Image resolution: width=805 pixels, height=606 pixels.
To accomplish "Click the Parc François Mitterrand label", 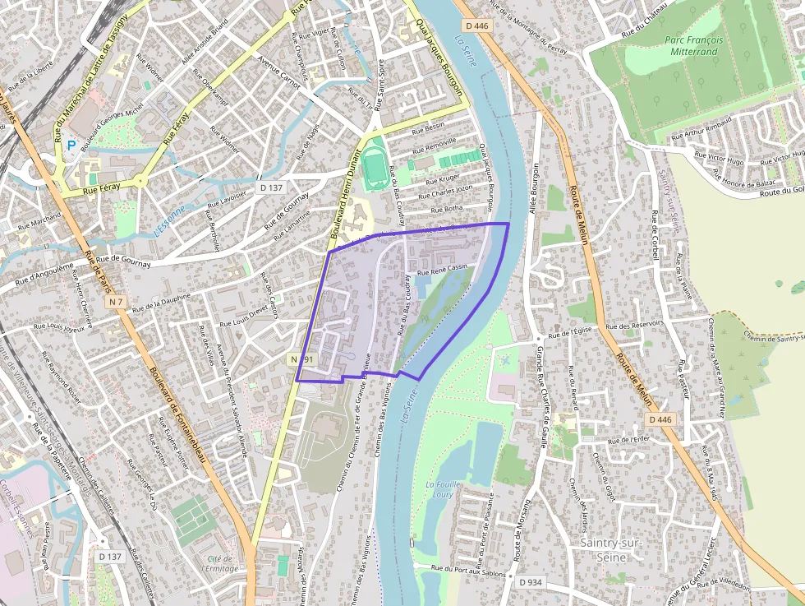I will coord(694,45).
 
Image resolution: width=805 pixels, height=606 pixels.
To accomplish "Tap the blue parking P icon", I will coord(71,146).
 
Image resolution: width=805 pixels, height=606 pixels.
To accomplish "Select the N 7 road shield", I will coord(116,303).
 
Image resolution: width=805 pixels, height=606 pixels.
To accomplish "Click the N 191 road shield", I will coord(301,360).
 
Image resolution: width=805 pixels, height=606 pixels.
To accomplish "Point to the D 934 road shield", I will coord(531,582).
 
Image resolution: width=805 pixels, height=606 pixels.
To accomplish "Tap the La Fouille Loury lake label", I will coord(441,490).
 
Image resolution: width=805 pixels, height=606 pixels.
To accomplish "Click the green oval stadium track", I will coord(375,165).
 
